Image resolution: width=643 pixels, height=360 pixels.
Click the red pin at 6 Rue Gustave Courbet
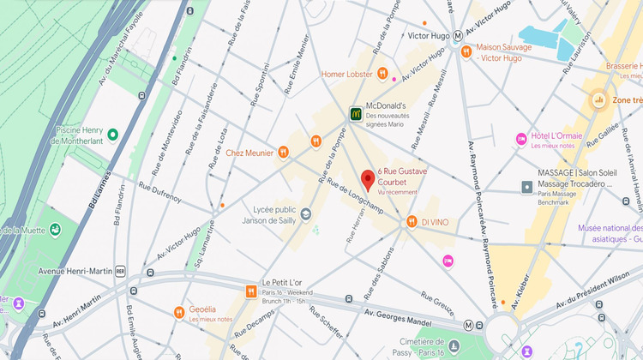click(368, 180)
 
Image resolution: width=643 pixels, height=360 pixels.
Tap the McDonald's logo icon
click(355, 112)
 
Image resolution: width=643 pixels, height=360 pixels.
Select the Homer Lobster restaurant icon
click(383, 74)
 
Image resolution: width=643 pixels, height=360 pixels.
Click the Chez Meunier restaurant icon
click(283, 153)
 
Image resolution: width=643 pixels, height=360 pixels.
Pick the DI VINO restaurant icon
click(412, 222)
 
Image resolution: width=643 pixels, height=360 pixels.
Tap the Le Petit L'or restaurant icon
click(250, 291)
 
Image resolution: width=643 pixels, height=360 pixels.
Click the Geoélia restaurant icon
click(179, 311)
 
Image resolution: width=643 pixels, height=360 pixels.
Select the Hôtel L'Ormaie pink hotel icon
click(520, 139)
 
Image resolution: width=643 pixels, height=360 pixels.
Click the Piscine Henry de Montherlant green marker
click(112, 135)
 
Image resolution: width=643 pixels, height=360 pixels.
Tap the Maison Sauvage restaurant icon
click(466, 51)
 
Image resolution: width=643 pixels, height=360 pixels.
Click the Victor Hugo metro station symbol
click(459, 36)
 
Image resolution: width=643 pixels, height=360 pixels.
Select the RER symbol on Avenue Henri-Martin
click(121, 271)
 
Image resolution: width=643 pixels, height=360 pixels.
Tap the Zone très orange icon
click(598, 101)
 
